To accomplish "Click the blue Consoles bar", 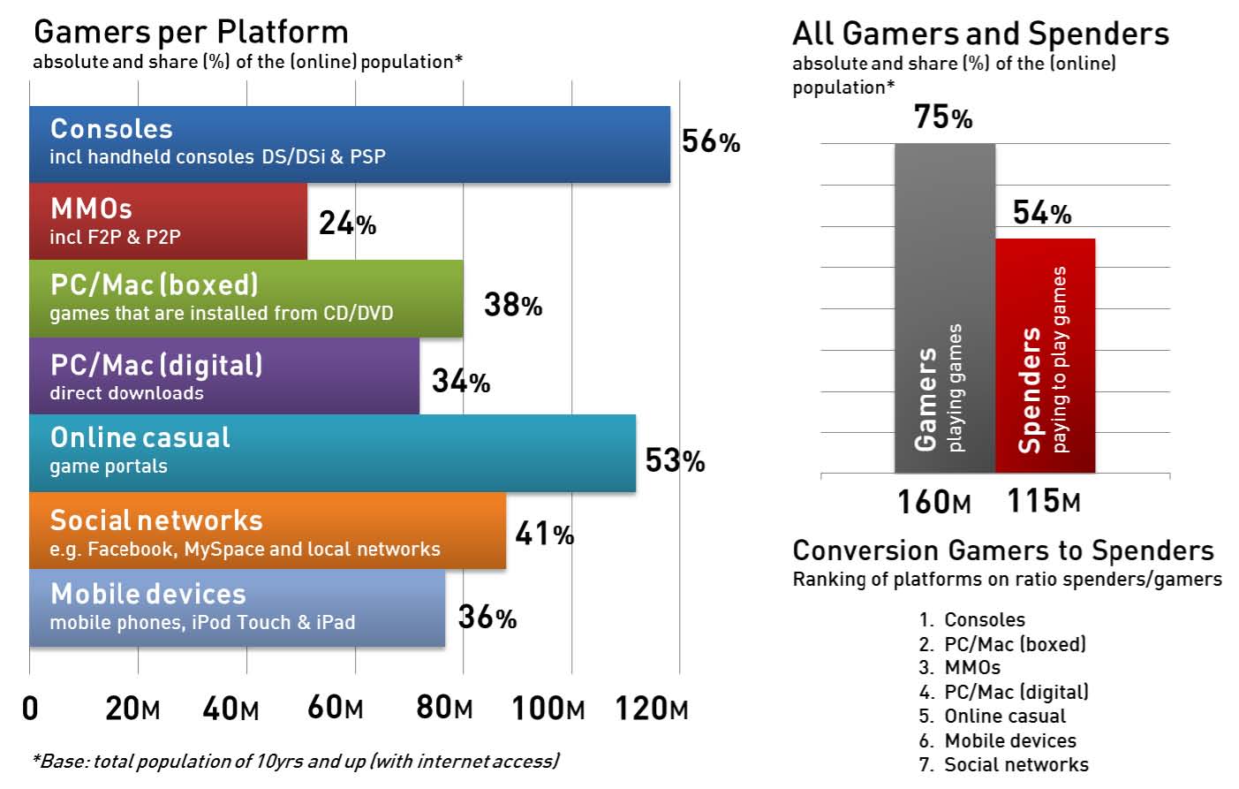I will click(349, 144).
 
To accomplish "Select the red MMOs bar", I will click(168, 221).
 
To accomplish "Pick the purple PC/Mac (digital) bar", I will click(223, 376).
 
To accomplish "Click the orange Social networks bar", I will click(267, 531).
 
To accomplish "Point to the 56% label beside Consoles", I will click(710, 141).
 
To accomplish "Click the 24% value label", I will click(347, 224).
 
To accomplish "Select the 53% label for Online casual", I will click(675, 460).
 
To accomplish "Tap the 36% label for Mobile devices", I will click(487, 617).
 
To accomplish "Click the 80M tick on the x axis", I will click(444, 708).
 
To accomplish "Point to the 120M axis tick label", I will click(651, 708).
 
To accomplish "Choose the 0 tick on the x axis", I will click(30, 708).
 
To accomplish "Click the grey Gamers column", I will click(944, 308).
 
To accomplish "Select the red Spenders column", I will click(1045, 356).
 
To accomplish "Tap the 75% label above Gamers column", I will click(942, 117).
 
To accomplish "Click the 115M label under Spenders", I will click(1043, 501).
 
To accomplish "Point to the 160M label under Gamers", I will click(933, 502).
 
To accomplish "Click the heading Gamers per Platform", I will click(191, 32).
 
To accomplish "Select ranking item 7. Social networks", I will click(1003, 764).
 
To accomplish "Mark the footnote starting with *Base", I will click(295, 761).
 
